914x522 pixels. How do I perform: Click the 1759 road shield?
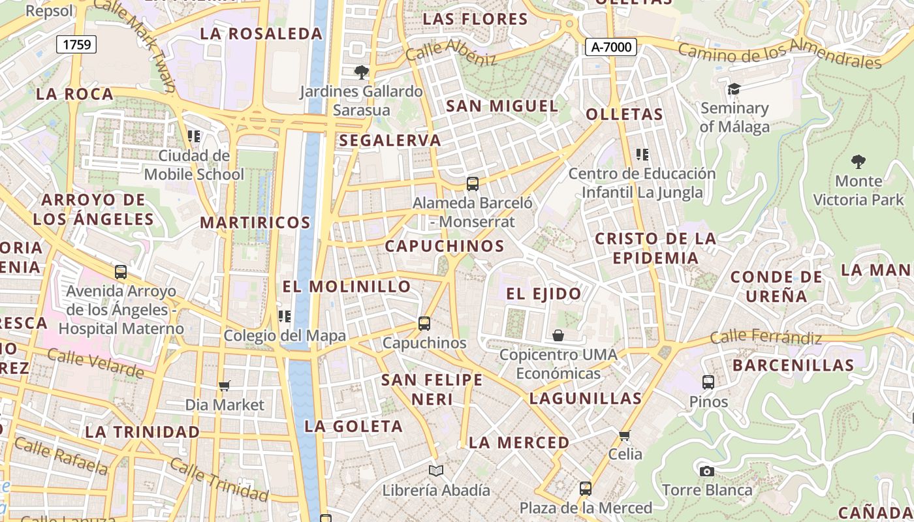click(77, 44)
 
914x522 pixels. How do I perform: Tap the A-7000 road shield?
click(610, 47)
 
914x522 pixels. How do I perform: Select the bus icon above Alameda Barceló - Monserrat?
click(473, 184)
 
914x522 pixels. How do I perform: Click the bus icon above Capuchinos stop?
click(424, 323)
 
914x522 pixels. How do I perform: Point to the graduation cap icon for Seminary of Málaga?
click(734, 89)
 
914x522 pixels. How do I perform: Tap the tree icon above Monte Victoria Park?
click(859, 161)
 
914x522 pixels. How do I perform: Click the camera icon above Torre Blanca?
click(706, 471)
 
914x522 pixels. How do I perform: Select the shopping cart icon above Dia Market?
click(225, 386)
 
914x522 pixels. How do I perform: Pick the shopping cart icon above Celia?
click(625, 435)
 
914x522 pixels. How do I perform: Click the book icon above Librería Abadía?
click(436, 470)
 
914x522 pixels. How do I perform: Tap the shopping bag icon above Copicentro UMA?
click(558, 335)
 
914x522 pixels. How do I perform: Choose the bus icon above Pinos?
click(708, 382)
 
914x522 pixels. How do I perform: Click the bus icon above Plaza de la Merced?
click(586, 489)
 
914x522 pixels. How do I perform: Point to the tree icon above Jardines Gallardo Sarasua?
click(361, 72)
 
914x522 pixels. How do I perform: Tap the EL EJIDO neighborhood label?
click(544, 294)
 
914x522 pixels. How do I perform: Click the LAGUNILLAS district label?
click(586, 398)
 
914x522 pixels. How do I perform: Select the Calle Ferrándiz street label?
click(765, 337)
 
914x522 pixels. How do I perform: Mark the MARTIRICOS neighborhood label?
click(255, 223)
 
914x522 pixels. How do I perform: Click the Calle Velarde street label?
click(95, 363)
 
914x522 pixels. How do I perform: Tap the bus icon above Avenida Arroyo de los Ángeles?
click(121, 272)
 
